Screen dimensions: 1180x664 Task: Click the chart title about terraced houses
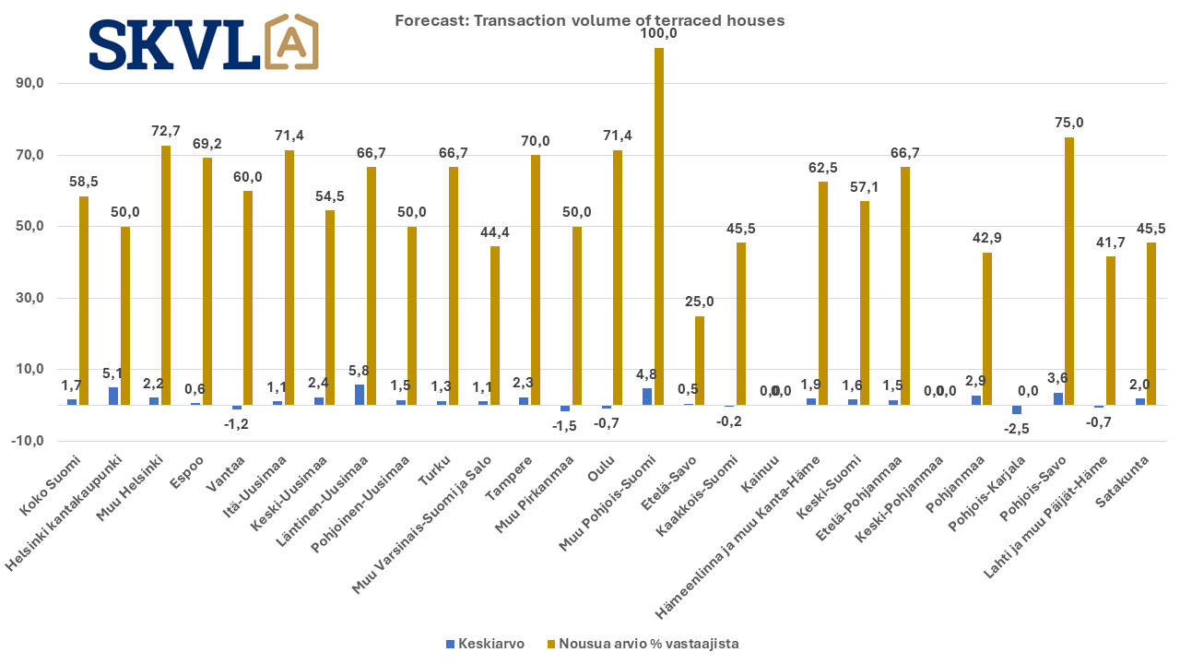(x=589, y=20)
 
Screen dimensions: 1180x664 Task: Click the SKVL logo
(x=204, y=42)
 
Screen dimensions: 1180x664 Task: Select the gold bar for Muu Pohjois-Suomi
(x=658, y=227)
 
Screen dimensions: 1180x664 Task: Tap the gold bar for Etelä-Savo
(x=700, y=361)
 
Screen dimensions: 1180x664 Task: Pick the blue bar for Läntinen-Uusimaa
(x=360, y=395)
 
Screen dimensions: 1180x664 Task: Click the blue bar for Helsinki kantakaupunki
(x=113, y=397)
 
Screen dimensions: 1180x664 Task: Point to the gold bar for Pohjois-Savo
(x=1069, y=271)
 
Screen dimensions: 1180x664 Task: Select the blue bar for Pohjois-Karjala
(x=1017, y=409)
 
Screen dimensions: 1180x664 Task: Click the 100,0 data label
(x=658, y=33)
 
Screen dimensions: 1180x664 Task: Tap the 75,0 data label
(x=1069, y=123)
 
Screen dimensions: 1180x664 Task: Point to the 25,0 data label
(x=700, y=302)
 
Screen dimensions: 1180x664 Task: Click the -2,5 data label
(x=1016, y=429)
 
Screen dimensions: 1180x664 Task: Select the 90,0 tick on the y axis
(x=29, y=83)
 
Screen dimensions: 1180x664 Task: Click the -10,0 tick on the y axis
(x=28, y=441)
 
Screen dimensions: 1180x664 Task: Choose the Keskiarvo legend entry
(x=485, y=644)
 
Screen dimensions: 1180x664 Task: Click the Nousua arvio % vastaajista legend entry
(x=643, y=644)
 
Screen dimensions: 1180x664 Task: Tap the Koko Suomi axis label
(x=50, y=485)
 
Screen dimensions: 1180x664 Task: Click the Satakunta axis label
(x=1122, y=482)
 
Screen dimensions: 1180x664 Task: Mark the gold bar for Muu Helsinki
(x=166, y=276)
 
